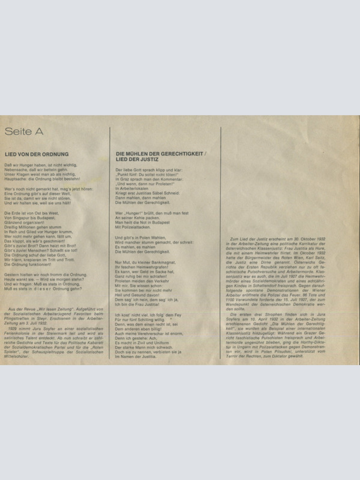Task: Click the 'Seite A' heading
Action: click(x=24, y=131)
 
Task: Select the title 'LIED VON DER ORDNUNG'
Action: click(x=37, y=154)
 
